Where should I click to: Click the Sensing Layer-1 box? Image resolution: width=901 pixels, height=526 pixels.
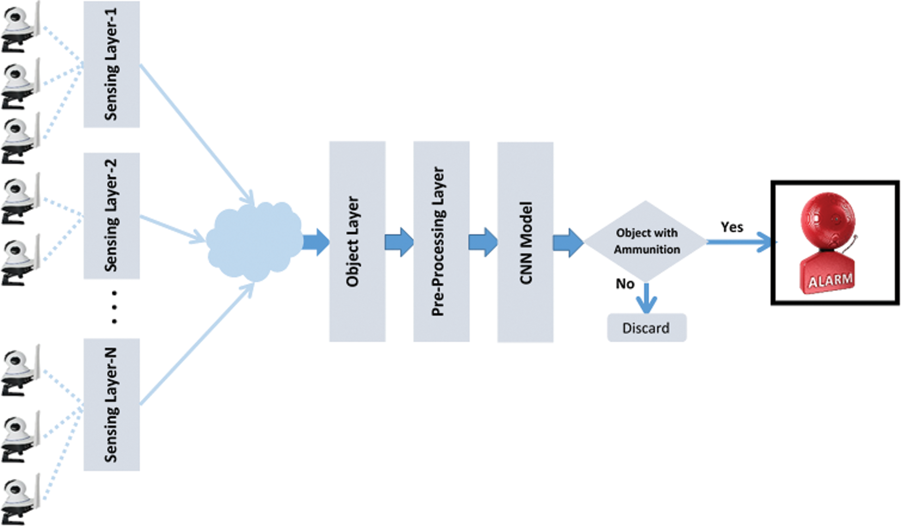click(x=111, y=64)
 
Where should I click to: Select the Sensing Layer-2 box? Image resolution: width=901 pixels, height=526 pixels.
click(x=111, y=216)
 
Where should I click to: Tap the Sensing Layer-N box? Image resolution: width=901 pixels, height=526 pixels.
click(x=111, y=404)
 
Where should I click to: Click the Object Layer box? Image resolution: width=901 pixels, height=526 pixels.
click(x=357, y=241)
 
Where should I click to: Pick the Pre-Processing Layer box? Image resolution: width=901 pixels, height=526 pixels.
click(x=441, y=241)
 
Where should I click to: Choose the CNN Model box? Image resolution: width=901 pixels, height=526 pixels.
click(x=525, y=242)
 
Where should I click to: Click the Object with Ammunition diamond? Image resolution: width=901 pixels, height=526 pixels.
click(x=645, y=241)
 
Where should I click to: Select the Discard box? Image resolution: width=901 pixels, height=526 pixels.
click(x=646, y=328)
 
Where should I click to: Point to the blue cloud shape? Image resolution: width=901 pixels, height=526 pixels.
click(x=254, y=241)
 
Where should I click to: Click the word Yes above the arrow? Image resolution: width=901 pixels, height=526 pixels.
click(x=732, y=227)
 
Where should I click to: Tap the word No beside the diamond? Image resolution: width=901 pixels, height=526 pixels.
click(x=625, y=283)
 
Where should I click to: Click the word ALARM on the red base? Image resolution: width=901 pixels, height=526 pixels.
click(x=830, y=280)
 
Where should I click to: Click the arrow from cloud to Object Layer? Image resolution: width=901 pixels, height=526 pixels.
click(x=316, y=242)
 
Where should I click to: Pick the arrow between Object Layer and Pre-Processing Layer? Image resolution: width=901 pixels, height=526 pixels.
click(x=399, y=242)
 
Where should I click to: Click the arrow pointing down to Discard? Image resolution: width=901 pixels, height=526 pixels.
click(x=646, y=299)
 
